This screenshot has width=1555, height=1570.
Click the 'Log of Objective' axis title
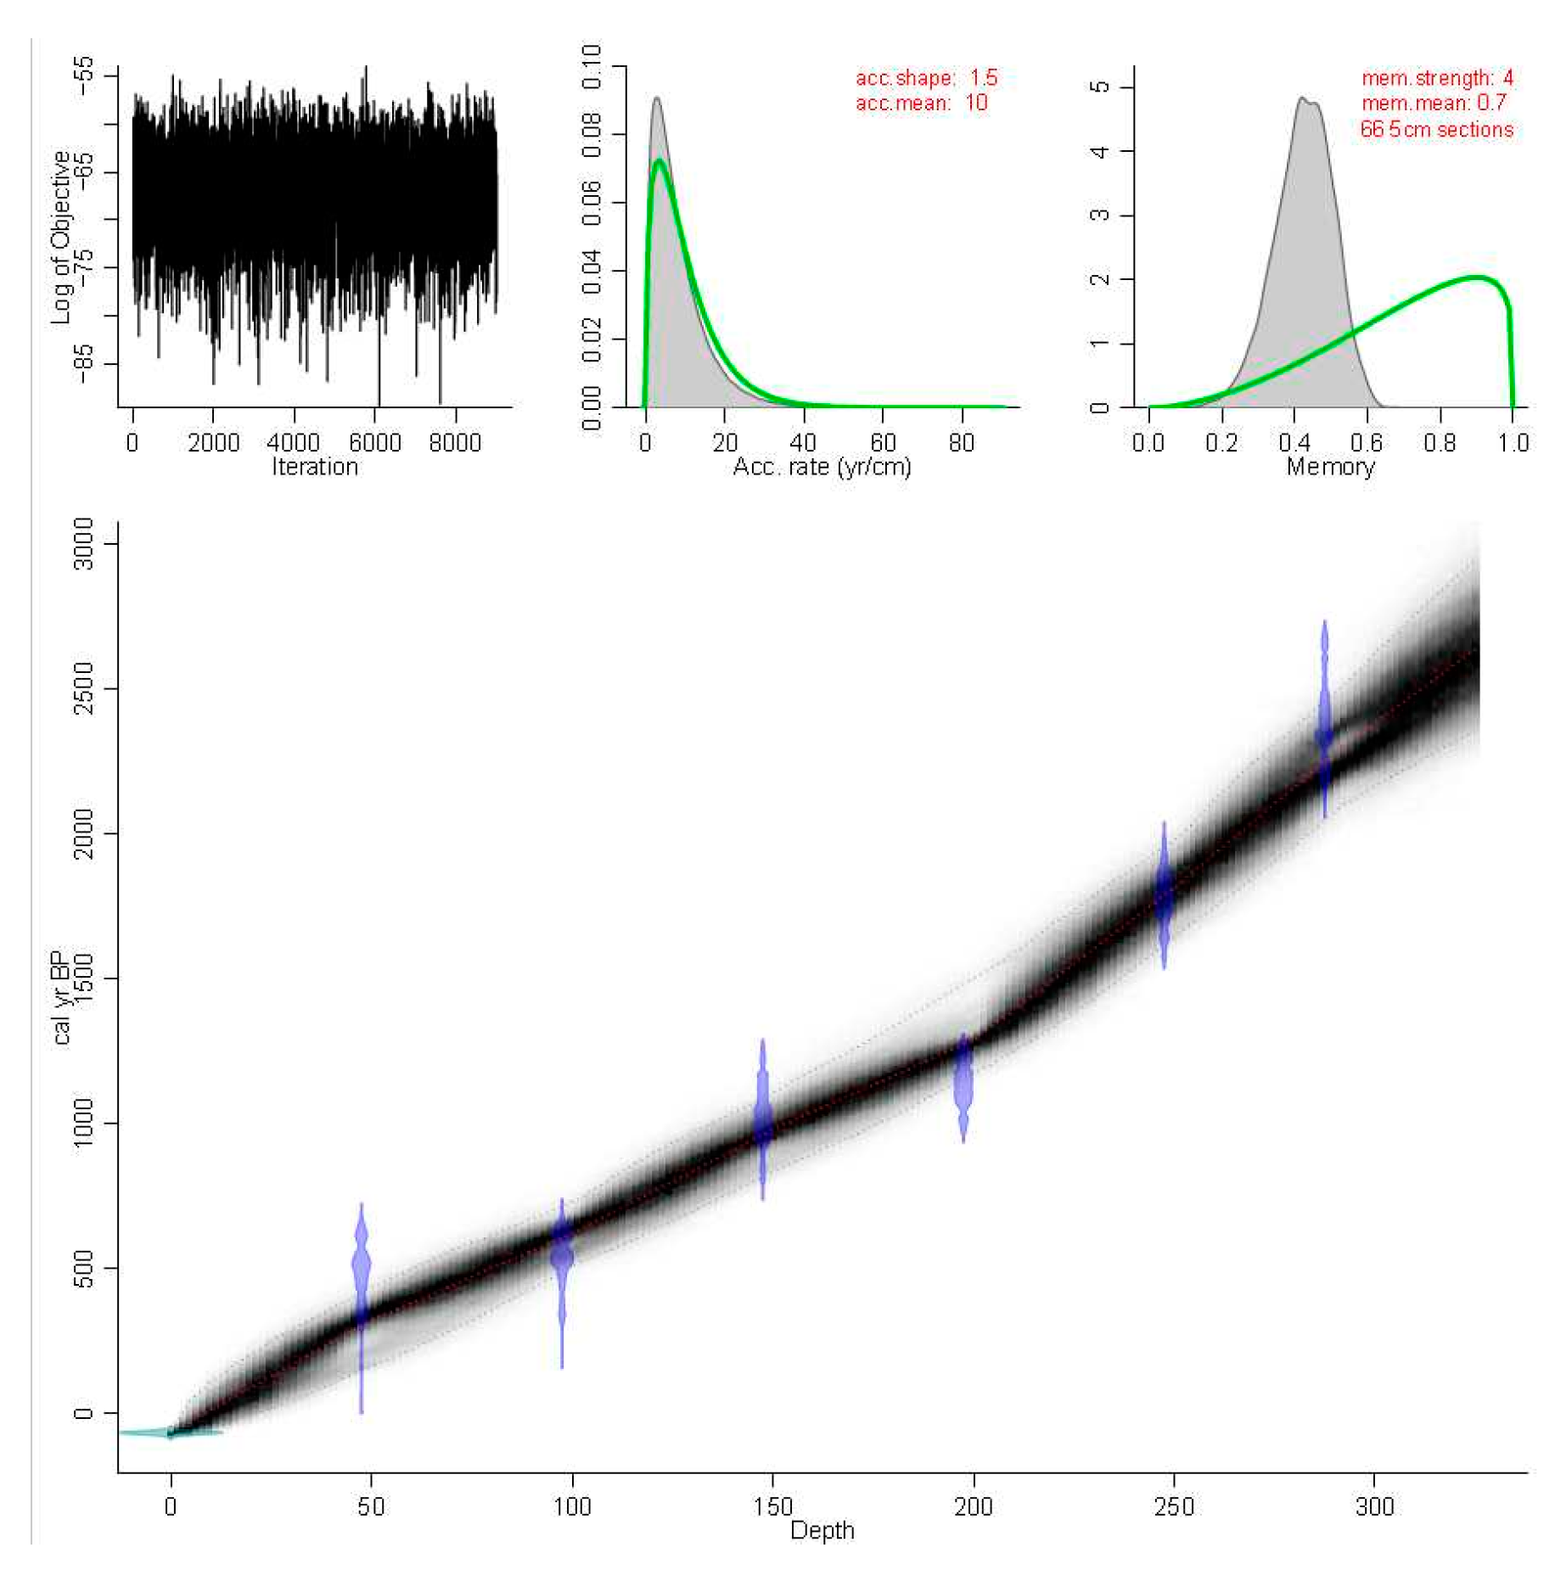59,238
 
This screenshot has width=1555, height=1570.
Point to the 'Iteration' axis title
315,467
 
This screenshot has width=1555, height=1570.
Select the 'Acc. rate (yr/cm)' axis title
822,467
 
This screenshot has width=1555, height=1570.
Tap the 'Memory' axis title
1330,467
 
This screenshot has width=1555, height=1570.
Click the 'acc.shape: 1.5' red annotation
926,78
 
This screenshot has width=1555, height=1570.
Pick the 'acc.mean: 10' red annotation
921,103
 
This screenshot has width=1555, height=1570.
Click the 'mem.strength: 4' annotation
1437,78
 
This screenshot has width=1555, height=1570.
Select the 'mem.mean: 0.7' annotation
1434,103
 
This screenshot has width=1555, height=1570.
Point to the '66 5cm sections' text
1436,130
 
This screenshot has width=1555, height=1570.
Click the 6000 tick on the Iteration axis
375,442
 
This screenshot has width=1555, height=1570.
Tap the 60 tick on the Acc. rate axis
883,442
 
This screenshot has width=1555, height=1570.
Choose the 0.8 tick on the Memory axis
1440,442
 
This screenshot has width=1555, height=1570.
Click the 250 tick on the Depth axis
1174,1506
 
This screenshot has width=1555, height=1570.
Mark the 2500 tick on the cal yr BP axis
83,688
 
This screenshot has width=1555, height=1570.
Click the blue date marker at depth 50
362,1264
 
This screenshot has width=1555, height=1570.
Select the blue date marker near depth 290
1324,717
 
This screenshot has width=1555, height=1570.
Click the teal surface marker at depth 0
171,1433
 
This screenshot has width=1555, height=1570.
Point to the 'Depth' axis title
822,1530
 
